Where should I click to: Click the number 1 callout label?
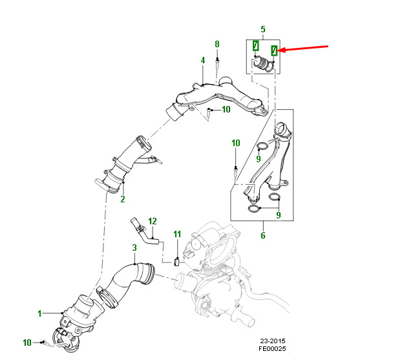tap(39, 313)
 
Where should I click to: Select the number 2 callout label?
tap(122, 199)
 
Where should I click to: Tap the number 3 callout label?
tap(134, 248)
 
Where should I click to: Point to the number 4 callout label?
tap(202, 60)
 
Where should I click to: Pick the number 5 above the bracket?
tap(263, 30)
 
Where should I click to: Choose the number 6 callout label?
tap(263, 235)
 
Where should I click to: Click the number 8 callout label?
tap(217, 44)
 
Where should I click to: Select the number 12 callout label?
tap(153, 221)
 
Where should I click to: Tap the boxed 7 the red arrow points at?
tap(275, 49)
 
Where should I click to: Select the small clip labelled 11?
tap(177, 261)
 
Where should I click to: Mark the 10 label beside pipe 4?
tap(226, 109)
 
